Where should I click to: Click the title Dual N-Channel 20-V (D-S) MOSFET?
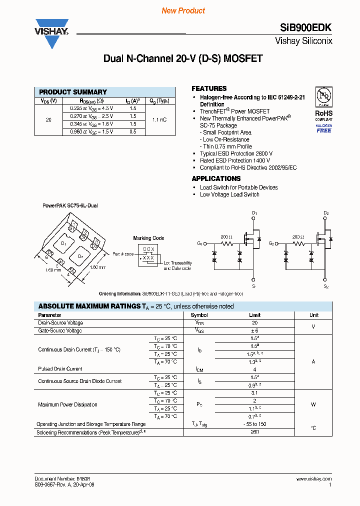pos(182,59)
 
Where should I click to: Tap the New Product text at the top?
pos(183,10)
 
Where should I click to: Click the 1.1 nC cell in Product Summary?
pos(160,120)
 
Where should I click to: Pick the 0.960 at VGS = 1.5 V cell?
pos(91,131)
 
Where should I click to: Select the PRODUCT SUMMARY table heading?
pos(73,92)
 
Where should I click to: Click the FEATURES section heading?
pos(209,88)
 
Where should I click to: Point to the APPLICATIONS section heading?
pos(216,178)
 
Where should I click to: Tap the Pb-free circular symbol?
pos(323,96)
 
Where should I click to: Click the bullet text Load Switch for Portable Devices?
pos(238,187)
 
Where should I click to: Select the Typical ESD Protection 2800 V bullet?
pos(236,153)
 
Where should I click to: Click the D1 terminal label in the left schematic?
pos(254,214)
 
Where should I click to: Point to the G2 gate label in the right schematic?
pos(271,243)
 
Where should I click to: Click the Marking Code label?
pos(148,238)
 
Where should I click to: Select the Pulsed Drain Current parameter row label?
pos(60,369)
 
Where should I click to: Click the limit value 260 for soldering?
pos(255,431)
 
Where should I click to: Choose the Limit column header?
pos(255,315)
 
